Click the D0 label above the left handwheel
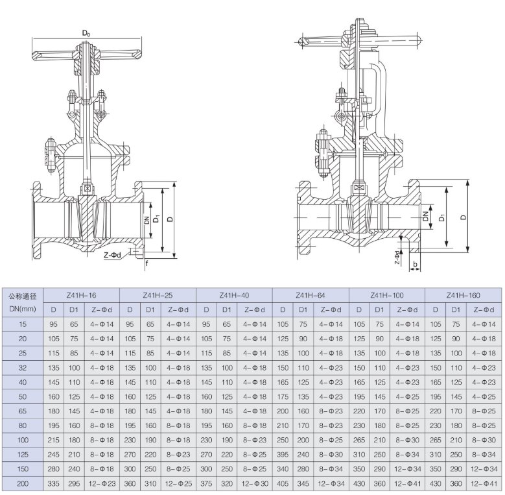point(86,32)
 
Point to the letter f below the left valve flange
point(147,263)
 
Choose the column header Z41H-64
point(311,296)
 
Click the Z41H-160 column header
point(464,296)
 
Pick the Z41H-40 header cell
point(234,296)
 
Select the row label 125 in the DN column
point(23,455)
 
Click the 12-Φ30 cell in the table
point(255,484)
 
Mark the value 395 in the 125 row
point(283,455)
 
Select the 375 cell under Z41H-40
point(206,484)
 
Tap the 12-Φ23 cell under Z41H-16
point(102,484)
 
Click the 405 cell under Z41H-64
point(283,484)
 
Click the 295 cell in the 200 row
point(74,484)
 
